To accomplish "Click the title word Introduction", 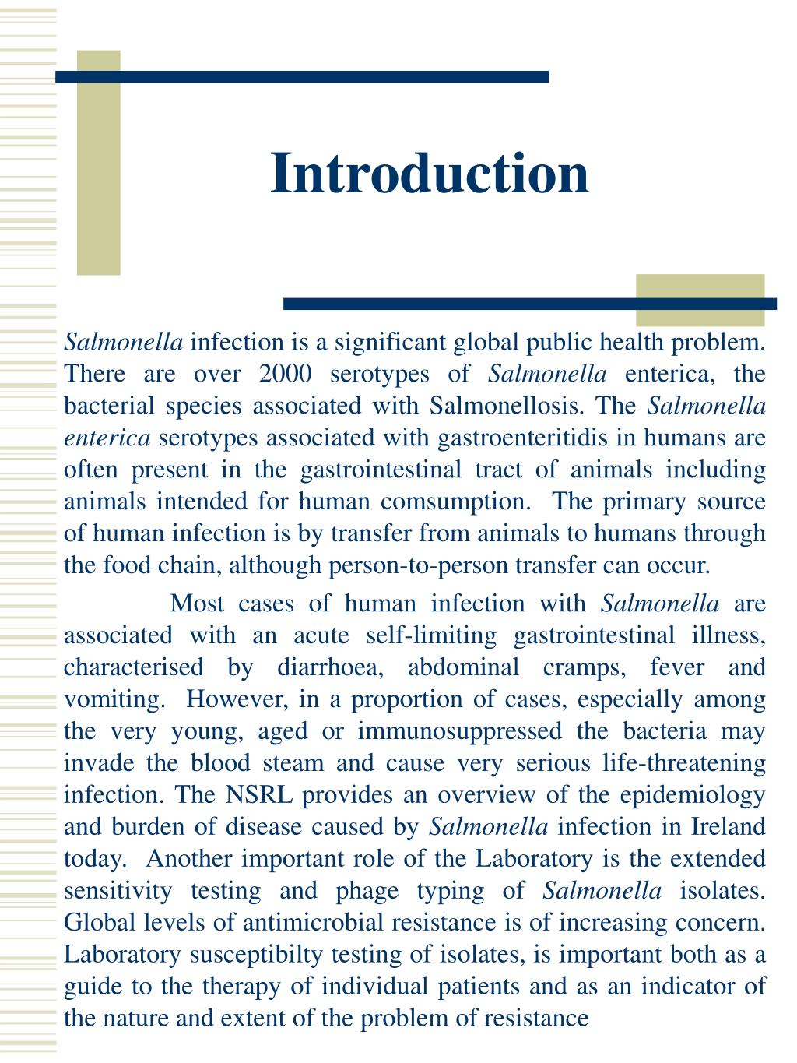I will click(x=430, y=173).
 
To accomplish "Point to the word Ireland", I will click(x=729, y=827).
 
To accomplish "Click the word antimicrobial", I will click(x=313, y=923).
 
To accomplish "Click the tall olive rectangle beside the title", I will click(x=99, y=163).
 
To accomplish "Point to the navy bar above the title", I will click(x=302, y=76).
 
